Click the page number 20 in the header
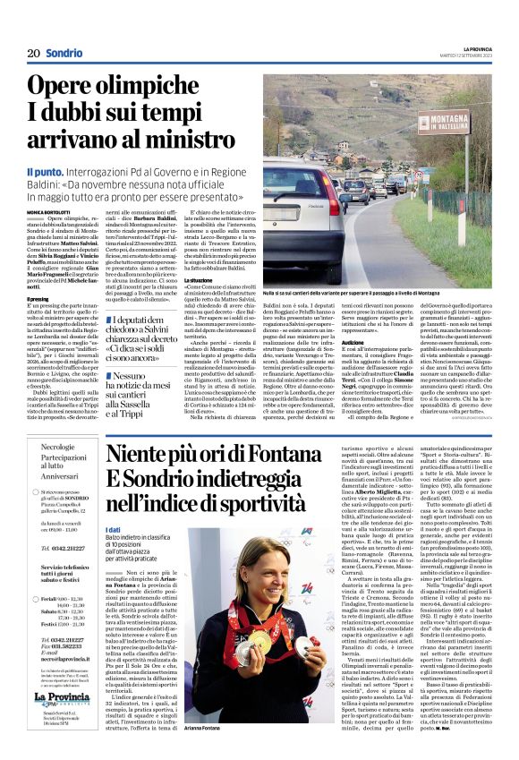click(33, 53)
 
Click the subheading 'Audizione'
click(352, 342)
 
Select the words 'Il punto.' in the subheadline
click(45, 170)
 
